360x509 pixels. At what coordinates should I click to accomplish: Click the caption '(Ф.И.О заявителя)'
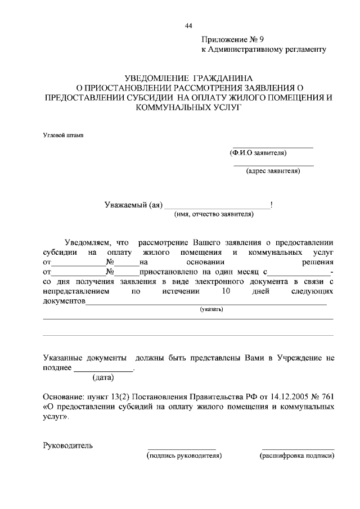click(258, 152)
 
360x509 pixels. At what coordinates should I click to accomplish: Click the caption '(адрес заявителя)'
click(273, 171)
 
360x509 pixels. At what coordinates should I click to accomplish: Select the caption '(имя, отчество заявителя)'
click(214, 214)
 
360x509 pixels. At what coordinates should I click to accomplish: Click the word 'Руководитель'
click(68, 446)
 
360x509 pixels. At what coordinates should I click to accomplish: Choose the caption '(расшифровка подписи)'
click(296, 455)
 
